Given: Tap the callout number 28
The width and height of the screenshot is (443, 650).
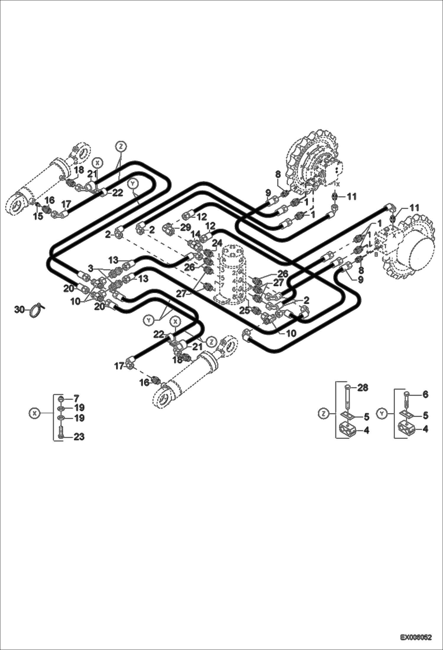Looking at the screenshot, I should click(363, 387).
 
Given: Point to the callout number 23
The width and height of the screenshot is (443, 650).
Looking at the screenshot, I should click(79, 437).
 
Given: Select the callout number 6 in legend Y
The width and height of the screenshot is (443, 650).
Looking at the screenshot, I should click(425, 394).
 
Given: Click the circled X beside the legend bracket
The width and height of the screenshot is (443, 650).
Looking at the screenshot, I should click(35, 413).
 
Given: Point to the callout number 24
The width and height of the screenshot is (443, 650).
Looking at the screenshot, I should click(217, 243).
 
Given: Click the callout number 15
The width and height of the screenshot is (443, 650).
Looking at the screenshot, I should click(38, 216).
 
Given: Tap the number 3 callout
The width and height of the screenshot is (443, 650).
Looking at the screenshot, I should click(90, 269).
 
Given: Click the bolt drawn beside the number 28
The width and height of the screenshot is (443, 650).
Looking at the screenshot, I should click(348, 397).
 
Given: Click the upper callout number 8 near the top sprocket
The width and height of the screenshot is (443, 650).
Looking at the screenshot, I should click(278, 175).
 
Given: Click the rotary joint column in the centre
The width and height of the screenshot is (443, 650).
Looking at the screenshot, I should click(233, 273).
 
